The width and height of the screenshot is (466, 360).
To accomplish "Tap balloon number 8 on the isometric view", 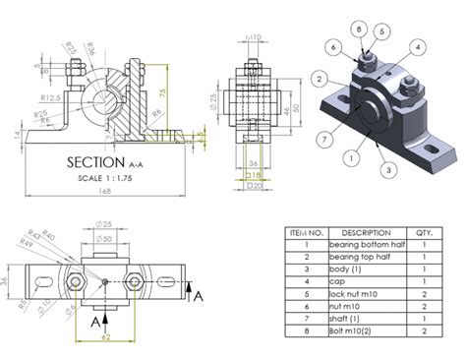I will [361, 30].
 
